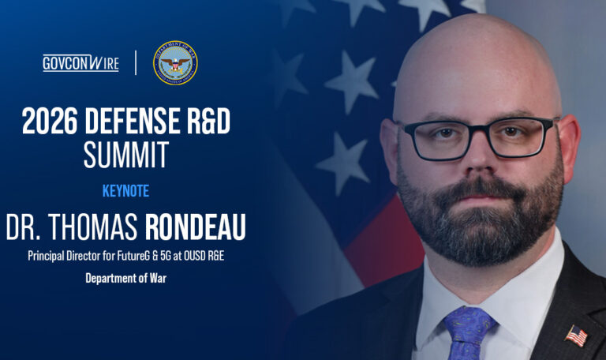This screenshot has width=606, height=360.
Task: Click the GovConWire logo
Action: pyautogui.click(x=80, y=63)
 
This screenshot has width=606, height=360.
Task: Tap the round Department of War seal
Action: pyautogui.click(x=174, y=63)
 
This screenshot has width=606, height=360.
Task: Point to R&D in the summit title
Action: pyautogui.click(x=208, y=122)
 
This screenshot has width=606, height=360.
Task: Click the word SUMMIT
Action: pyautogui.click(x=126, y=156)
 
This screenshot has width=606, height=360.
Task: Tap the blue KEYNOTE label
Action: pyautogui.click(x=125, y=191)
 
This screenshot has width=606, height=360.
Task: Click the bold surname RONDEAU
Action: pyautogui.click(x=195, y=227)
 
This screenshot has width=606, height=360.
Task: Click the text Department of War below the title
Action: pyautogui.click(x=125, y=278)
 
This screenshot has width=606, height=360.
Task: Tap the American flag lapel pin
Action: pyautogui.click(x=575, y=335)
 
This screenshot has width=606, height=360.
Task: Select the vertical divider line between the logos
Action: pyautogui.click(x=136, y=63)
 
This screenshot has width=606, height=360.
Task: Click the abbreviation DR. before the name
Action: pyautogui.click(x=23, y=227)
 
